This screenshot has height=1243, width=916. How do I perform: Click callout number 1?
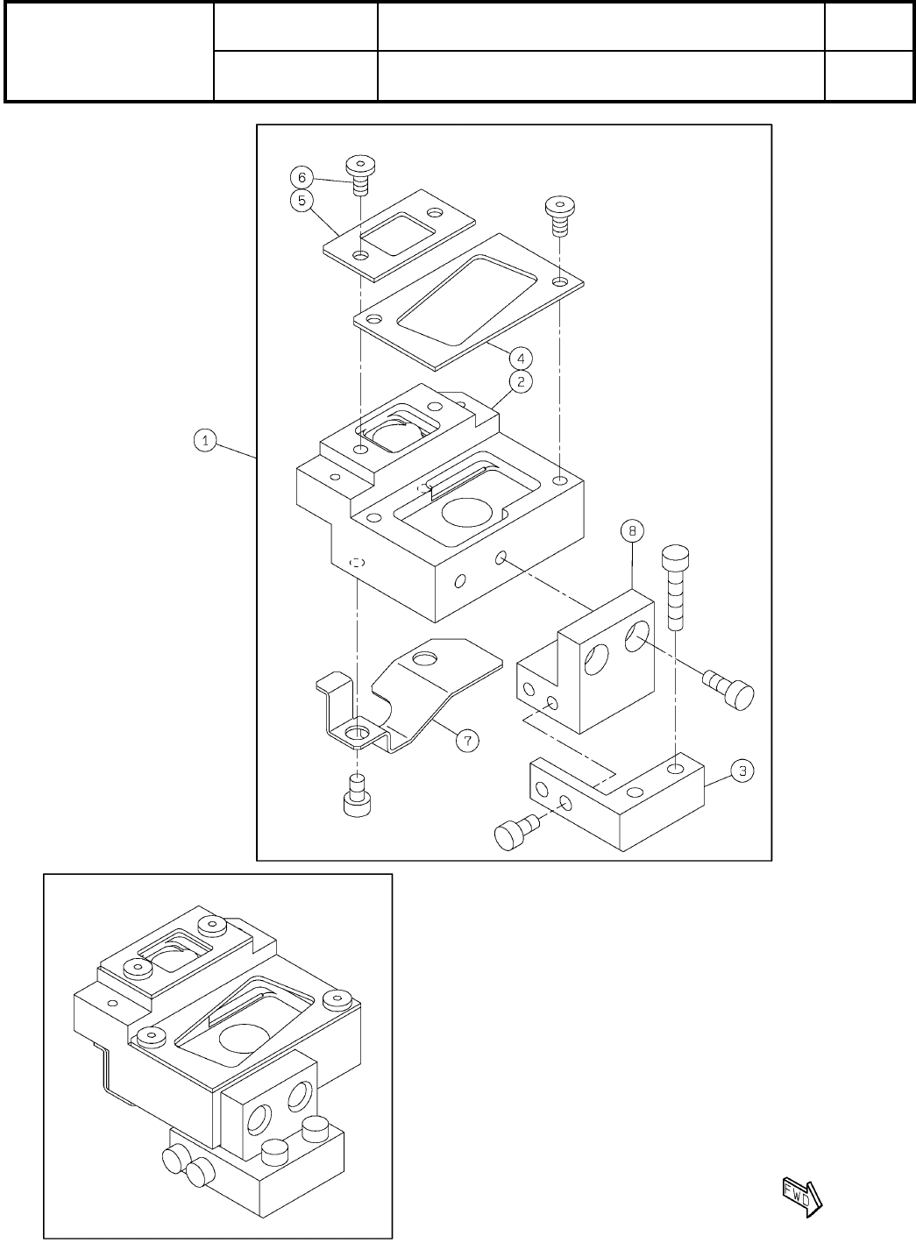(205, 441)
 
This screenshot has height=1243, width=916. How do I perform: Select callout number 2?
(520, 381)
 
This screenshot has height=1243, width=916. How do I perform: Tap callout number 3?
(742, 771)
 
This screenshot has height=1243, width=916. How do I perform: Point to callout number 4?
(520, 358)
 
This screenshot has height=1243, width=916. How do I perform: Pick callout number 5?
(301, 200)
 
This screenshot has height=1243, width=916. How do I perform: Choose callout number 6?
(301, 175)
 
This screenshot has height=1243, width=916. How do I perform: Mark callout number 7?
(467, 741)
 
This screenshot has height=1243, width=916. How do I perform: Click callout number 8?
(632, 530)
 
